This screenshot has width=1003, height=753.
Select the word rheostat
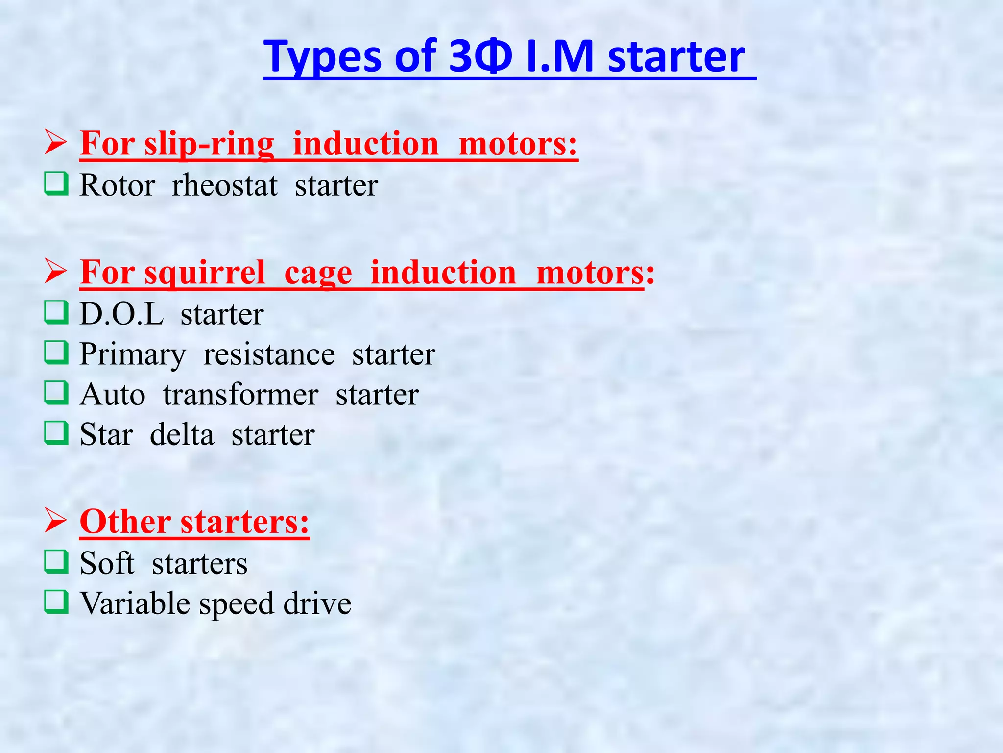(224, 186)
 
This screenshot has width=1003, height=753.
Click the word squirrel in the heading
(204, 273)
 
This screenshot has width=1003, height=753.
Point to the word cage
(318, 273)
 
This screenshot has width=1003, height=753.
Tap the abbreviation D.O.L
(121, 314)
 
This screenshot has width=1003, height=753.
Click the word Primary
(133, 355)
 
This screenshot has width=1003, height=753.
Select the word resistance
(269, 355)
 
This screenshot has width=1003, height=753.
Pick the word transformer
(240, 395)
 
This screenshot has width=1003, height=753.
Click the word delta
(182, 435)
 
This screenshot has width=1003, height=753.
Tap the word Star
(106, 435)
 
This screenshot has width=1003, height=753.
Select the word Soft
(107, 563)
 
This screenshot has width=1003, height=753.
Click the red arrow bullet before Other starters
(55, 521)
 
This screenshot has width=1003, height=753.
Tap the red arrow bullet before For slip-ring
(55, 143)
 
